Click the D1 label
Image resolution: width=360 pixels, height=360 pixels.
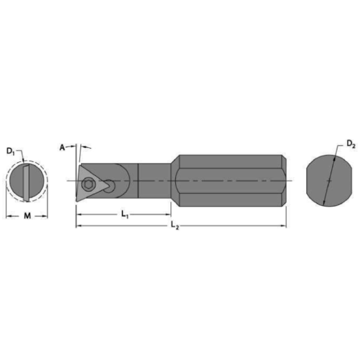[12, 152]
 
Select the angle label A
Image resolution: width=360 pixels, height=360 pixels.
[63, 148]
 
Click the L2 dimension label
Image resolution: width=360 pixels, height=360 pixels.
[175, 226]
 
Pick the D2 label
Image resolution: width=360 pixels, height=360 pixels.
[351, 144]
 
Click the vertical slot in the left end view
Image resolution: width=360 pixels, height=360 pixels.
[27, 181]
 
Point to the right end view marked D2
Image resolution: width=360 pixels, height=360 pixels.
[328, 181]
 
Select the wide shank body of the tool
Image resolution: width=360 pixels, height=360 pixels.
[229, 181]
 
